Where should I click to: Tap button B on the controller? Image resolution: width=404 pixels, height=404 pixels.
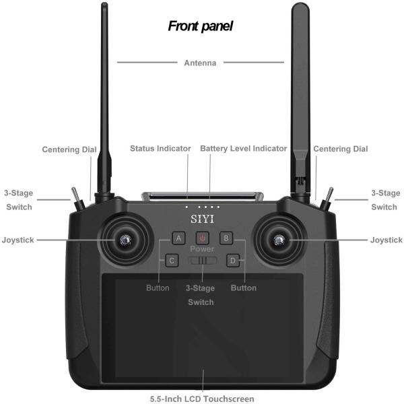(x=227, y=238)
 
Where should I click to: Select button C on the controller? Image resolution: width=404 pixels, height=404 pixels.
(x=172, y=260)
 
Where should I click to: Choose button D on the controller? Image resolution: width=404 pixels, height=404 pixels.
(x=233, y=260)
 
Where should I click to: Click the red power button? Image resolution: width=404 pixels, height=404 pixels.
(x=203, y=238)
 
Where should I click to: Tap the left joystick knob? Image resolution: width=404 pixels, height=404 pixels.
(x=125, y=240)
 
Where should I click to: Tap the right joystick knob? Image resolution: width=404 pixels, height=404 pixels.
(x=280, y=240)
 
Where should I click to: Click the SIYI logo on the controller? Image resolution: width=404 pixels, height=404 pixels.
(x=202, y=219)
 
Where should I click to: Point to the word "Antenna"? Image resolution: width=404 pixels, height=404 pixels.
(x=201, y=63)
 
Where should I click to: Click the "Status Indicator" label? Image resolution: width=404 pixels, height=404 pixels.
(x=160, y=148)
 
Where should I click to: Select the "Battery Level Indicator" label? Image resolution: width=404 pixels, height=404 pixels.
(x=244, y=148)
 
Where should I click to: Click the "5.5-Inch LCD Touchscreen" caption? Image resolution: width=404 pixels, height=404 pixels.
(x=202, y=399)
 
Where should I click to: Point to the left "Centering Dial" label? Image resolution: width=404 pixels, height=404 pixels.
(x=69, y=149)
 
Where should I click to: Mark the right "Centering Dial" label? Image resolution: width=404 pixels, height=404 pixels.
(x=341, y=149)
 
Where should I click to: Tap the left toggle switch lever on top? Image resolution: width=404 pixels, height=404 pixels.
(x=76, y=196)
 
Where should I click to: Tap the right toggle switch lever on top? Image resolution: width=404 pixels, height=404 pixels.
(x=329, y=196)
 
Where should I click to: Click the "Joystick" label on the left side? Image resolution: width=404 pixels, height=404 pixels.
(x=18, y=240)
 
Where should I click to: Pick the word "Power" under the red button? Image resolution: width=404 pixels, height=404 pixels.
(x=202, y=249)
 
